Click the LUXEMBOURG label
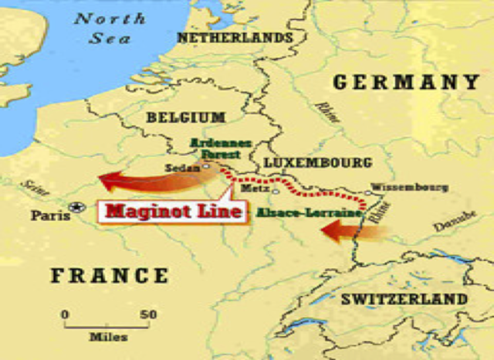click(317, 162)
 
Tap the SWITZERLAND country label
click(404, 298)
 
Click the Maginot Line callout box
click(174, 210)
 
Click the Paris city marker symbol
click(76, 207)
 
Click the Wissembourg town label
click(409, 186)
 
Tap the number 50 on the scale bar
click(149, 314)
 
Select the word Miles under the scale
click(108, 337)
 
